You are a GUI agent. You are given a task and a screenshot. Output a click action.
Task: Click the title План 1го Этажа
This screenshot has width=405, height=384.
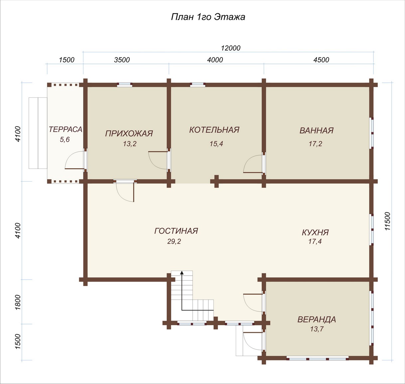click(x=208, y=17)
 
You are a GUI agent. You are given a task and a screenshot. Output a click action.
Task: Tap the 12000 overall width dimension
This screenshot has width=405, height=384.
click(x=231, y=48)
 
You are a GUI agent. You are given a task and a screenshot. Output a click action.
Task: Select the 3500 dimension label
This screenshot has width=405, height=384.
click(x=122, y=60)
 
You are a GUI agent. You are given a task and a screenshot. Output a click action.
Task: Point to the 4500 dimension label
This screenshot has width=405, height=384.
click(x=321, y=60)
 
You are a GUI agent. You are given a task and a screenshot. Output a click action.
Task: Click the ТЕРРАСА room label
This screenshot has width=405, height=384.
click(x=66, y=129)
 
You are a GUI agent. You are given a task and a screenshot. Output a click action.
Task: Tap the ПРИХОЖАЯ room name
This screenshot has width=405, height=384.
click(x=129, y=134)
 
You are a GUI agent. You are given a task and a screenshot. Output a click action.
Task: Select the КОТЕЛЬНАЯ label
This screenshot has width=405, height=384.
click(x=214, y=130)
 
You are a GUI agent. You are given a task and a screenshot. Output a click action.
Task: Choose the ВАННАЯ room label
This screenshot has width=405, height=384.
click(x=317, y=131)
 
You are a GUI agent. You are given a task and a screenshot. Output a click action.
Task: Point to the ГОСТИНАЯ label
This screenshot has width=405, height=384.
click(x=176, y=231)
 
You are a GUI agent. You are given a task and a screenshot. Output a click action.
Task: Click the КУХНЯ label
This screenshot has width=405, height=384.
click(x=316, y=232)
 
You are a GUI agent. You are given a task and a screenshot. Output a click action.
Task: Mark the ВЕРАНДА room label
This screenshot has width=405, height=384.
click(x=317, y=320)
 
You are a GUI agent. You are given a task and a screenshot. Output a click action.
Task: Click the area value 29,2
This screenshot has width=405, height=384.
click(x=174, y=241)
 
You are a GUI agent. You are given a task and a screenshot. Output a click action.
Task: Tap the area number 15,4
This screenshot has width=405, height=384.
click(x=216, y=144)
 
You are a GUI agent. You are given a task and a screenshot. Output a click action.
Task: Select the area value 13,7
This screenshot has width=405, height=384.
click(x=317, y=329)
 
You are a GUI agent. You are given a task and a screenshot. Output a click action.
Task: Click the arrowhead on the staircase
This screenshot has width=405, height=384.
click(x=182, y=273)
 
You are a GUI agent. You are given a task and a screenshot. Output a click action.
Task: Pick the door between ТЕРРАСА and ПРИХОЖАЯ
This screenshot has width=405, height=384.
click(x=75, y=160)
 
